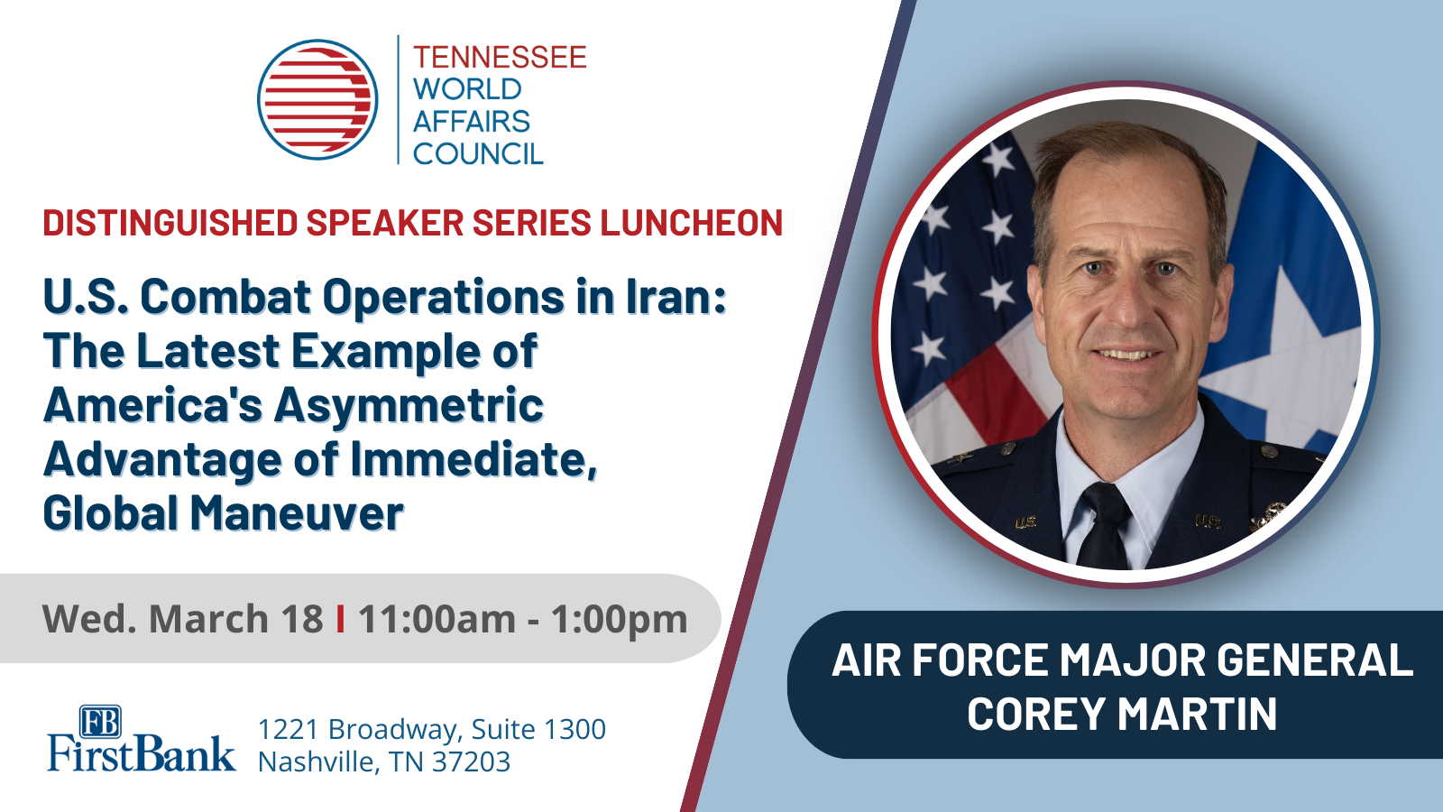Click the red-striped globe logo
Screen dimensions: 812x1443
(317, 99)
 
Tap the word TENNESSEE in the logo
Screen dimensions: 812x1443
(500, 58)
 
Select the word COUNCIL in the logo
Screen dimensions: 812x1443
(478, 154)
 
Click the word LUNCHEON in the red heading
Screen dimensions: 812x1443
(692, 223)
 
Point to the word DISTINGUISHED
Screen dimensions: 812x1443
(170, 223)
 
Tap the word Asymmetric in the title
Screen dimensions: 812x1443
(409, 405)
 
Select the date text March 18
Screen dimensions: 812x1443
(235, 619)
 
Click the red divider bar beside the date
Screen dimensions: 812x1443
(340, 619)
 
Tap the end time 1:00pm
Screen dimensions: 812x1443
(620, 619)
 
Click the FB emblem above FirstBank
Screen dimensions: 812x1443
(100, 722)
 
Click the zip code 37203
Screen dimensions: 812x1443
(471, 761)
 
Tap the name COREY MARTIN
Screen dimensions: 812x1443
(1122, 715)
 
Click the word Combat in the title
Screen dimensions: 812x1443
(225, 297)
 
